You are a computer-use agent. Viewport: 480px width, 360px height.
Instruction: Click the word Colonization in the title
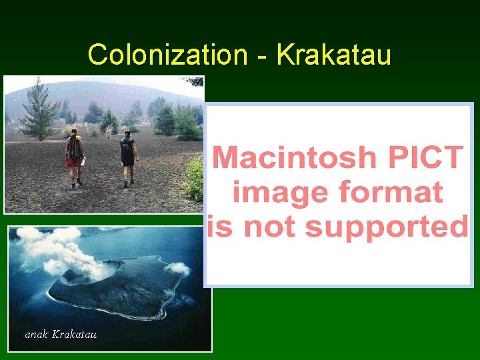[x=167, y=55]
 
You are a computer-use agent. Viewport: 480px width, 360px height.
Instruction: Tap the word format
[x=391, y=193]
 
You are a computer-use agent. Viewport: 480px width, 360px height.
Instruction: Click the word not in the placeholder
[x=270, y=227]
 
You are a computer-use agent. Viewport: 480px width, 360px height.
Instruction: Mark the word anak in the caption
[x=36, y=334]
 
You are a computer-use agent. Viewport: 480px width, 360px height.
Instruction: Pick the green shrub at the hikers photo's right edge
[x=195, y=178]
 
